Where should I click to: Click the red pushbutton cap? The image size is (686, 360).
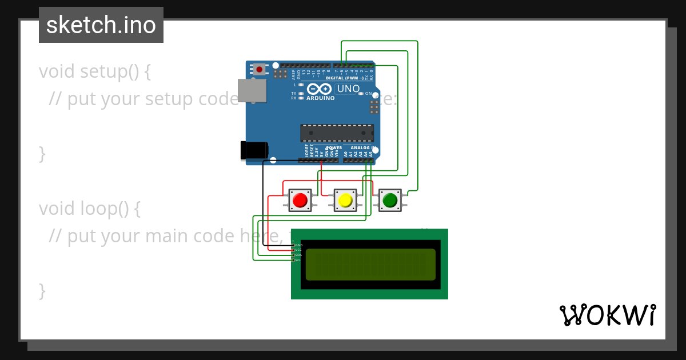pos(300,201)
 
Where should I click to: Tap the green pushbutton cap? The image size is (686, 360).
pos(390,201)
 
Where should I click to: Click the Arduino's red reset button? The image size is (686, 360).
pos(260,70)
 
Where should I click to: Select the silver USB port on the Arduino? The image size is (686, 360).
pos(252,90)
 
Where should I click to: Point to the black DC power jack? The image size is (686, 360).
pos(254,150)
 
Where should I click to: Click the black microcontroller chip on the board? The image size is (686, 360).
pos(337,133)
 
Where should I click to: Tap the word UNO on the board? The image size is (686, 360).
pos(348,89)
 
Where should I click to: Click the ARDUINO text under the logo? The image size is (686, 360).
pos(320,98)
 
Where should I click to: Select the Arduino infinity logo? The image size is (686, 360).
pos(320,89)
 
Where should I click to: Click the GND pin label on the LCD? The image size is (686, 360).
pos(299,245)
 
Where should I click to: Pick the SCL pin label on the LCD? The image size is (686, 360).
pos(298,260)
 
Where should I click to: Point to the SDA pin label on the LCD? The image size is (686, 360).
pos(298,255)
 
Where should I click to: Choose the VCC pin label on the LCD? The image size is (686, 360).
pos(298,250)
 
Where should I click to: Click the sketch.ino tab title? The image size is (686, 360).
pos(101,25)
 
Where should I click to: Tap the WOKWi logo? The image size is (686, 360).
pos(608,315)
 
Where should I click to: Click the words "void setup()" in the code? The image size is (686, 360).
pos(95,71)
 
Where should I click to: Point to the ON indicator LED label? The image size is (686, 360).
pos(368,93)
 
